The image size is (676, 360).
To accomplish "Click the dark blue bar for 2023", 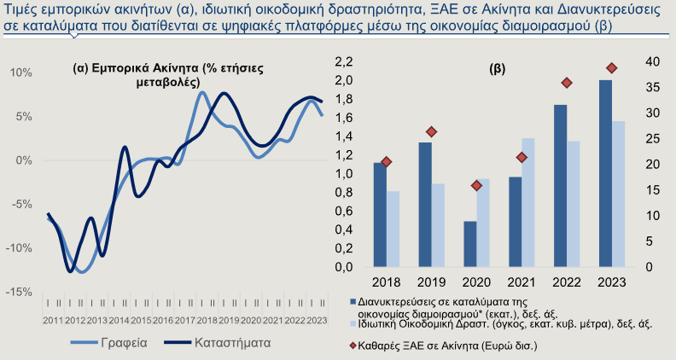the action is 605,173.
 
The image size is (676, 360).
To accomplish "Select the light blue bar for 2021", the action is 528,203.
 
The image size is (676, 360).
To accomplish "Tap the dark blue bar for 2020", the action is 470,244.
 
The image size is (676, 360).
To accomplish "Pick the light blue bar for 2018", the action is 393,229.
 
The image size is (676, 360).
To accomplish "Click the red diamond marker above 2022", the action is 567,84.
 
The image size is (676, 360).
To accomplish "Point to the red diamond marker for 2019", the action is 432,132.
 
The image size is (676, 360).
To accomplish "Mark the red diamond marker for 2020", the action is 476,186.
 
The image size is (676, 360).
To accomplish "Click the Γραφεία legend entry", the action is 109,343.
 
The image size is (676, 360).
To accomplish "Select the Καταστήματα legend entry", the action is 218,343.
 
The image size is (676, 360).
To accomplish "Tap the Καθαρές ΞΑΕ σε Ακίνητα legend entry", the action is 443,345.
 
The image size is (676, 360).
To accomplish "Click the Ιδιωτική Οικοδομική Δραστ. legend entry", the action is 500,324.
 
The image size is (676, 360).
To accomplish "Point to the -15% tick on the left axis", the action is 19,293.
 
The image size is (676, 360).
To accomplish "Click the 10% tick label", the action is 21,73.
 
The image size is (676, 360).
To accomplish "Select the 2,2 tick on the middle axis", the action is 344,62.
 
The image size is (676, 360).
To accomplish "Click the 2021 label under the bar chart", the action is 522,282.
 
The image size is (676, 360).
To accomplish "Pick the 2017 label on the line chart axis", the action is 185,321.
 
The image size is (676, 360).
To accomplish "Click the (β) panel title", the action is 498,69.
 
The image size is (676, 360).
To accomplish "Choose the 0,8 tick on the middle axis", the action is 344,192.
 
